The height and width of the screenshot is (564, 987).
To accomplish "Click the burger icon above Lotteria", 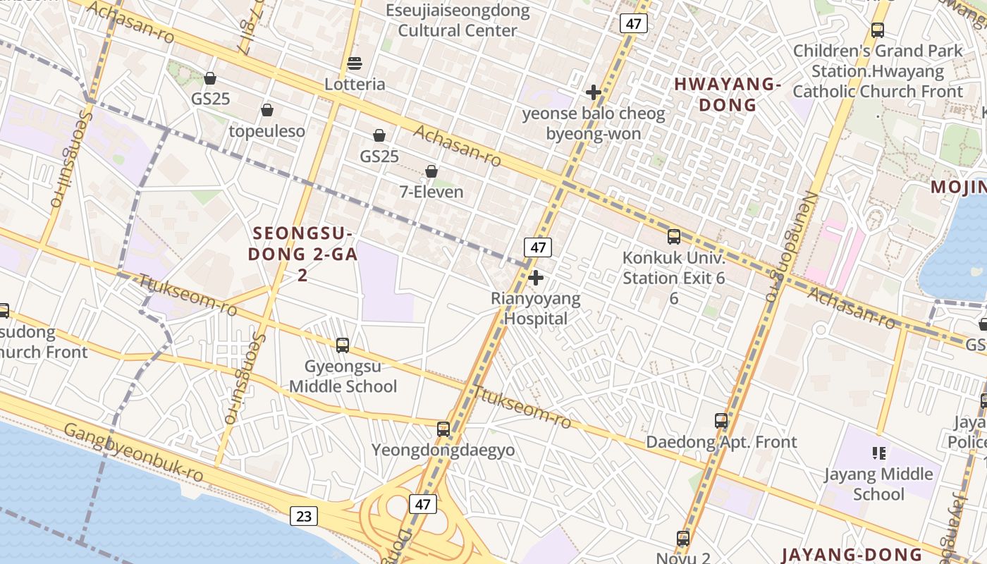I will (355, 64).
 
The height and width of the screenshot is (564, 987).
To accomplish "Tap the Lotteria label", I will (355, 85).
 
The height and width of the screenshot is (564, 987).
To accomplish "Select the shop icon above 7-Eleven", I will (431, 171).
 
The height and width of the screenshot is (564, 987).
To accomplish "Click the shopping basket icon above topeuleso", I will (267, 110).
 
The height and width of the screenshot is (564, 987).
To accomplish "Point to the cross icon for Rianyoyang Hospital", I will (536, 278).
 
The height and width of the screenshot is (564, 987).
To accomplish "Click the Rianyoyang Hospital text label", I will (536, 309).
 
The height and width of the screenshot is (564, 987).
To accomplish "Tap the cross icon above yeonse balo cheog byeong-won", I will (594, 92).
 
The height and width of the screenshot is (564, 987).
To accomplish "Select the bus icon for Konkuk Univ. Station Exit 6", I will (674, 237).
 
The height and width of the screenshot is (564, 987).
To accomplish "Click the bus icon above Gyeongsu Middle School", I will (343, 345).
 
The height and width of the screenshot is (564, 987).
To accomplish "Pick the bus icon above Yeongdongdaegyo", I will (443, 429).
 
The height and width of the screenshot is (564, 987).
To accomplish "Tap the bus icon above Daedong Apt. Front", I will (721, 421).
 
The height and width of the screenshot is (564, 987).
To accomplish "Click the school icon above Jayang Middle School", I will (878, 453).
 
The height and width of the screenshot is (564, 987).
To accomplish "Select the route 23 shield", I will (303, 516).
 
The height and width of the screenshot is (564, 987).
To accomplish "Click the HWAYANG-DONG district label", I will (728, 94).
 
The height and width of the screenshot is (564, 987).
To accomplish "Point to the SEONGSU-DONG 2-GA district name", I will (302, 244).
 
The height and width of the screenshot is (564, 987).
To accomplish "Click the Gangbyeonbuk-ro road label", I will (133, 453).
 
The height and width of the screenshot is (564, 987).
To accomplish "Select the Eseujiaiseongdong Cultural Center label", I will (458, 20).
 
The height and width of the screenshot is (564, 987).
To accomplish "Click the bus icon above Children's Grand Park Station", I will (878, 30).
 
